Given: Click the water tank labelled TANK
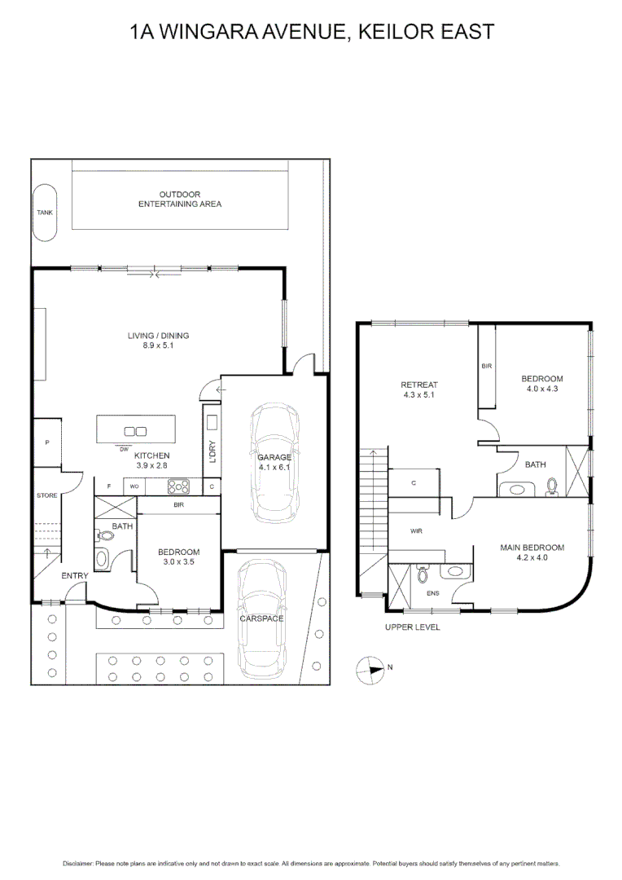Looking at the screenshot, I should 45,212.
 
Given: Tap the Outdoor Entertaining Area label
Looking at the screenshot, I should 179,199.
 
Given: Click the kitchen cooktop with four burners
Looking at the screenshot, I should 178,486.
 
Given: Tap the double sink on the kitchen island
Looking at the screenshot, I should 134,431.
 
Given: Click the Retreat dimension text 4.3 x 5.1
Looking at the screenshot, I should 419,395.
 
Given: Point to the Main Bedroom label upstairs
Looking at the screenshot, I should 532,548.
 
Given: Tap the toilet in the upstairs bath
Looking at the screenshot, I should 551,486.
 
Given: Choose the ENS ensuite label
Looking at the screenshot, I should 432,592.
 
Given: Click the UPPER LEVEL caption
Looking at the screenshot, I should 412,627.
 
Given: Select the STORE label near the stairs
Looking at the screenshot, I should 46,495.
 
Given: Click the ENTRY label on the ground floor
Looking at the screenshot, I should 75,576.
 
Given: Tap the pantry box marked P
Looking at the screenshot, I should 47,442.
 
